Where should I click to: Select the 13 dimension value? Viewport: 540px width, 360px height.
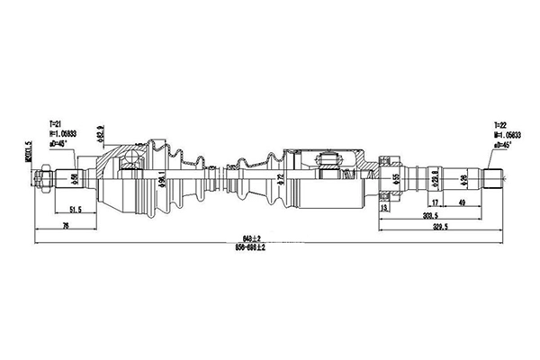coord(386,208)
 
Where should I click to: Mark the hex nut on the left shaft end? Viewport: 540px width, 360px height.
coord(43,178)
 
